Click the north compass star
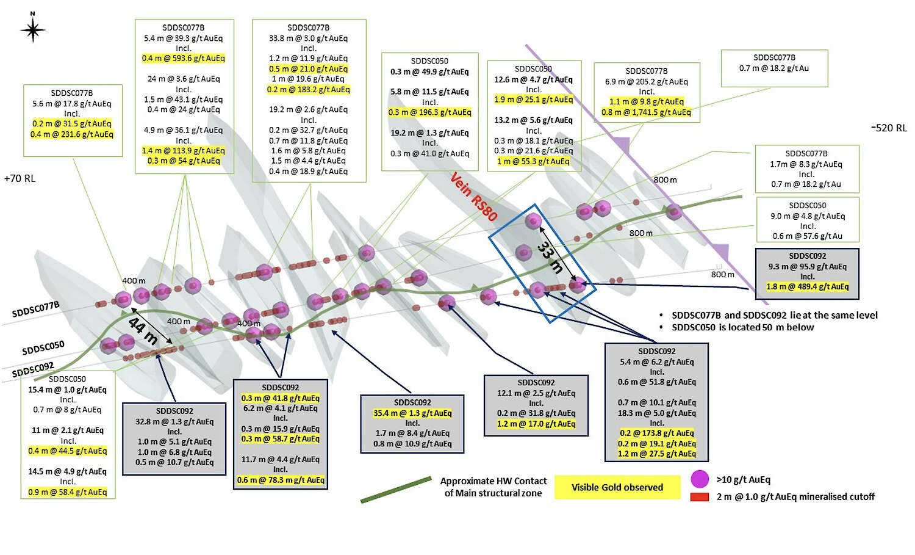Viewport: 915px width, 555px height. point(33,29)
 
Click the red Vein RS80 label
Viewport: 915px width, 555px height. point(474,197)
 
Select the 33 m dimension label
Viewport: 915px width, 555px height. point(550,257)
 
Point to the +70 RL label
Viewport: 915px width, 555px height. point(20,179)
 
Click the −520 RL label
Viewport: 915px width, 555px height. point(889,128)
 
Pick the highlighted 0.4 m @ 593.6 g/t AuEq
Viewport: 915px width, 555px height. point(184,59)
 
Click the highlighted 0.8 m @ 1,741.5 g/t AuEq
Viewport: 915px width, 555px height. point(646,112)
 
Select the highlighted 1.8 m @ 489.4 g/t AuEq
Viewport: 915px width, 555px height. point(807,287)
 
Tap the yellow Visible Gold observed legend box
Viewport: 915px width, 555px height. point(617,487)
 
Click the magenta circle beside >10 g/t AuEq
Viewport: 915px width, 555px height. point(700,479)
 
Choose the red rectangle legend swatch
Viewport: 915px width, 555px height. point(699,498)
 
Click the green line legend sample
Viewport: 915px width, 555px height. point(396,490)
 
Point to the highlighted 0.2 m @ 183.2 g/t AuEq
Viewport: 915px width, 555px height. point(309,90)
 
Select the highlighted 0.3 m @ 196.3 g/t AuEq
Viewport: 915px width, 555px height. point(429,112)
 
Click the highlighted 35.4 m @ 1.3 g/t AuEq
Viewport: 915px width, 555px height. point(412,413)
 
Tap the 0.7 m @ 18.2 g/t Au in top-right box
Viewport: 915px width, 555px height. point(774,68)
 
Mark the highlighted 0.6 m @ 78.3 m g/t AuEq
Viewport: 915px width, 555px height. point(281,480)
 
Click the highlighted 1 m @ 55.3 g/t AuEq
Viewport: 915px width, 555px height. point(533,162)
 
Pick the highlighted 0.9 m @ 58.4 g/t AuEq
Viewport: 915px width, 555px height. point(67,492)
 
